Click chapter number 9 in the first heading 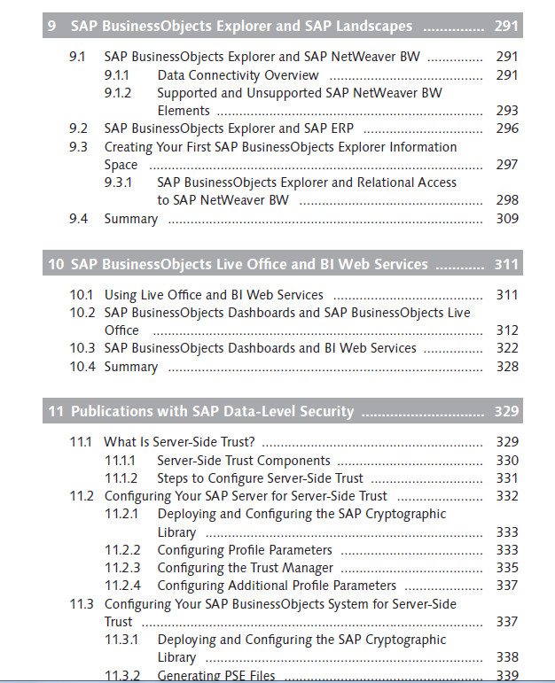tap(51, 26)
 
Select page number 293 tap(507, 111)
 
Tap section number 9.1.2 tap(118, 93)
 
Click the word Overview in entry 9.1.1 tap(292, 75)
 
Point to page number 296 tap(507, 128)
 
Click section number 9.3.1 tap(118, 182)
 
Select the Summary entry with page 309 tap(131, 219)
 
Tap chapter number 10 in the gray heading tap(56, 264)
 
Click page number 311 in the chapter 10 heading tap(506, 264)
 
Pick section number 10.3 tap(82, 348)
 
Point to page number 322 tap(507, 348)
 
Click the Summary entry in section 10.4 tap(131, 367)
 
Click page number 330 tap(507, 461)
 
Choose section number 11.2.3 tap(122, 568)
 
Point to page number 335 tap(507, 568)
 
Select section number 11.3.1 tap(121, 640)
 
